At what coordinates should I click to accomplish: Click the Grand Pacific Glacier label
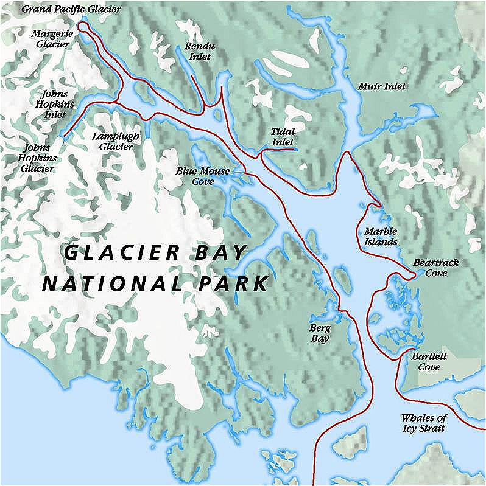71,10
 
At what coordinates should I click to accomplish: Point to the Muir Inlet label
382,86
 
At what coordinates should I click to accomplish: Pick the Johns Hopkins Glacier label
39,158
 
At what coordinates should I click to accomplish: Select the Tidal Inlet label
283,136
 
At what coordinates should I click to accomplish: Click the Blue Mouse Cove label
203,176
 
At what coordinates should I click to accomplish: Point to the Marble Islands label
381,236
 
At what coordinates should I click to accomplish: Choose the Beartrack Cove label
435,268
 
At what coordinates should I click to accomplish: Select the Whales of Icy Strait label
424,423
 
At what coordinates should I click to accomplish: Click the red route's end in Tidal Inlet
295,148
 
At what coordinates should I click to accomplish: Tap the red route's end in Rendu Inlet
192,77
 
